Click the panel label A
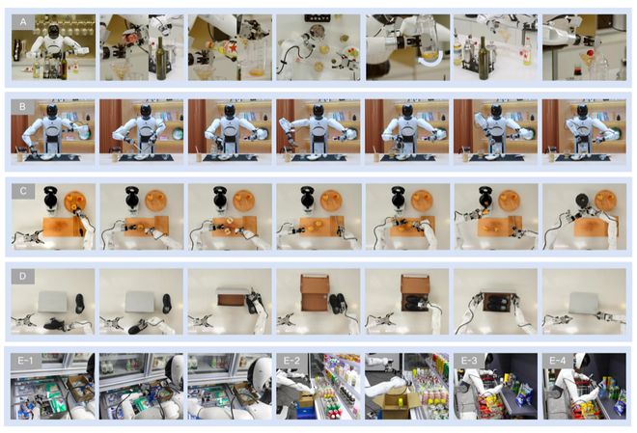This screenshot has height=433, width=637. point(23,22)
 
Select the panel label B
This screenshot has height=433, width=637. point(23,107)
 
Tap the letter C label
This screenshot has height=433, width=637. point(23,191)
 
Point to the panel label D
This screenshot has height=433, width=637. point(23,277)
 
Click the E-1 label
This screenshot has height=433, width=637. point(25,361)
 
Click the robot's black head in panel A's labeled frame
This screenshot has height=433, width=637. point(53,31)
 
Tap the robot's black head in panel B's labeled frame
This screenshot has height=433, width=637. point(52,110)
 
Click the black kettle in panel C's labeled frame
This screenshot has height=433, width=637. point(50,198)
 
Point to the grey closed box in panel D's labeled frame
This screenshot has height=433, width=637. point(52,302)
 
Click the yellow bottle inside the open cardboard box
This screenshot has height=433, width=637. point(401,402)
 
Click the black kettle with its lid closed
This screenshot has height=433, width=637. point(584,200)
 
